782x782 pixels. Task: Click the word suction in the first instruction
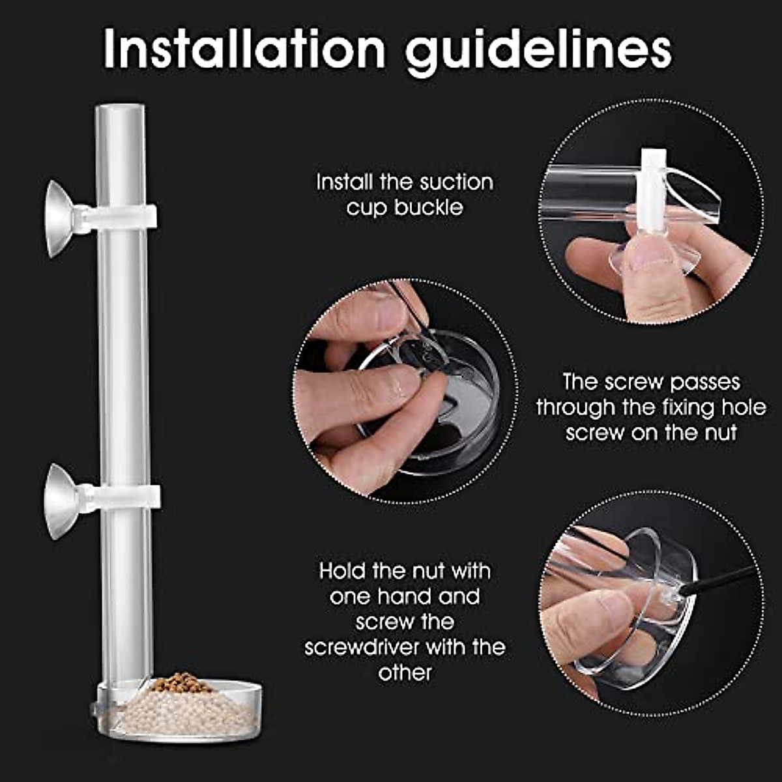(x=456, y=182)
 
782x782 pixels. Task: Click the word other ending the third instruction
(x=405, y=673)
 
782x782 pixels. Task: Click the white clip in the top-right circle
(x=652, y=195)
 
